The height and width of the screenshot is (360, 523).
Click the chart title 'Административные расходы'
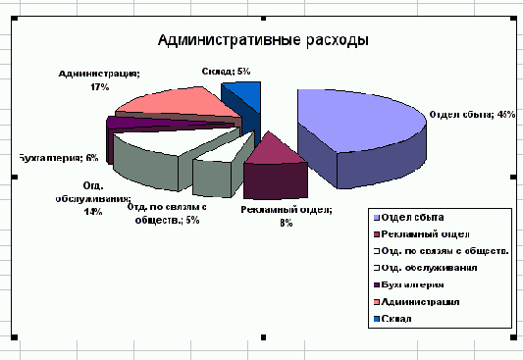263,40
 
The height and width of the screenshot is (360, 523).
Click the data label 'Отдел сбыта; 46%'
472,115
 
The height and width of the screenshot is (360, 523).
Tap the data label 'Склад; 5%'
226,72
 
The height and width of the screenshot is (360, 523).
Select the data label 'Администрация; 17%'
99,80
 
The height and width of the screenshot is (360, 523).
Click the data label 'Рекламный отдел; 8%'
287,216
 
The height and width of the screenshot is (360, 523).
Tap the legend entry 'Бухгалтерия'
416,284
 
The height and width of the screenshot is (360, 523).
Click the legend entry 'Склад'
397,319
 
